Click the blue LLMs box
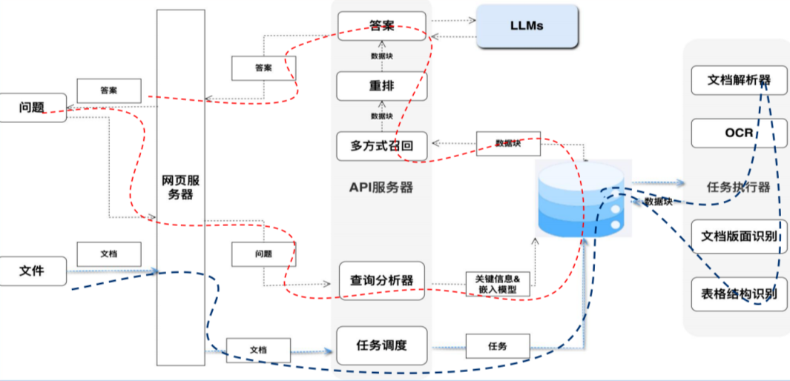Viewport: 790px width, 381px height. [527, 26]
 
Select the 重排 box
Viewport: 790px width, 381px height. [381, 86]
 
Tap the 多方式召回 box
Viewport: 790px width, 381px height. [381, 146]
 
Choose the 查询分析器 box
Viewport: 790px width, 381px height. [381, 280]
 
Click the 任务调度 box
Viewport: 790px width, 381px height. [381, 345]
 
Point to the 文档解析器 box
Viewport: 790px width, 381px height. [739, 80]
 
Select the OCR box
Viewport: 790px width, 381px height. [739, 133]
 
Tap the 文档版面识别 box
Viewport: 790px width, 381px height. [739, 236]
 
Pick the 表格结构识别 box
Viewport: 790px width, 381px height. [739, 293]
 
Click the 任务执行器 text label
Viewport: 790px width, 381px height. [737, 187]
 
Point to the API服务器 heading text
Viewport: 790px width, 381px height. [381, 188]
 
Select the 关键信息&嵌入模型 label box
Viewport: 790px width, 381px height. [498, 285]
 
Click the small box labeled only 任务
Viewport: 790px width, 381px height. [498, 345]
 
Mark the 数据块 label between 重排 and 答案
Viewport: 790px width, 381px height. [381, 56]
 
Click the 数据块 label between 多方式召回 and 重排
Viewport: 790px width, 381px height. [381, 116]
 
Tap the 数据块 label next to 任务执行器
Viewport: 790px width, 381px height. [658, 202]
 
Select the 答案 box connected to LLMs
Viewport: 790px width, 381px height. [381, 26]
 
